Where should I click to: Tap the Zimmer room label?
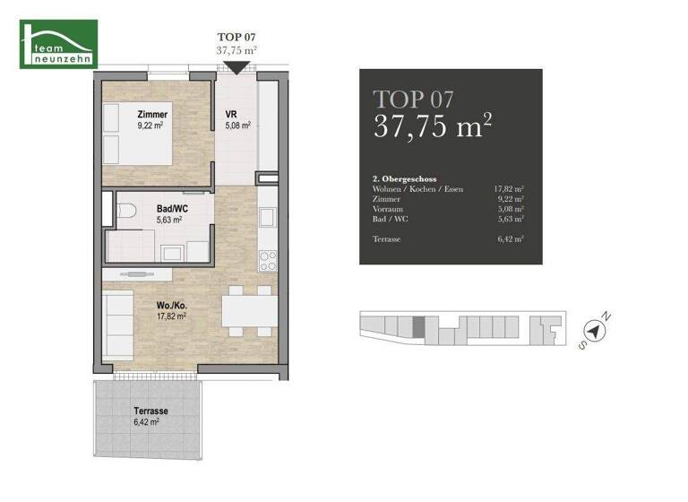click(x=152, y=115)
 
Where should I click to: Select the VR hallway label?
click(x=230, y=115)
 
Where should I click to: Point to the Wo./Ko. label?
click(x=169, y=305)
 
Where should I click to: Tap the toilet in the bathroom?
click(x=125, y=213)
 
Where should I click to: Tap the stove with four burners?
click(x=268, y=260)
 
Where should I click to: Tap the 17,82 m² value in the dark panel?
click(x=508, y=190)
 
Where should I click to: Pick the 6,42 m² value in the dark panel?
click(x=510, y=239)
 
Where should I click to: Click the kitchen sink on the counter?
click(x=267, y=218)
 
